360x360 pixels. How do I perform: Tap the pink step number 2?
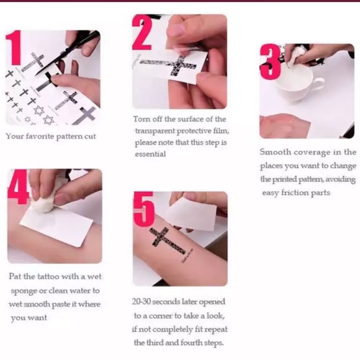pyautogui.click(x=142, y=32)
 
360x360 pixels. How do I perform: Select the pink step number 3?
pyautogui.click(x=271, y=62)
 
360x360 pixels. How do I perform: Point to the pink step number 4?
pyautogui.click(x=18, y=186)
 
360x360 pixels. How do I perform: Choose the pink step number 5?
pyautogui.click(x=144, y=209)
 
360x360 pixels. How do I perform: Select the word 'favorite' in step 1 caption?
pyautogui.click(x=40, y=136)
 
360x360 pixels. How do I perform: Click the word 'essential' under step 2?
pyautogui.click(x=150, y=154)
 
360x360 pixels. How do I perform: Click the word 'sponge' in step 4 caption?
pyautogui.click(x=24, y=291)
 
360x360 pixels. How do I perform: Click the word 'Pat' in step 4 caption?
pyautogui.click(x=15, y=276)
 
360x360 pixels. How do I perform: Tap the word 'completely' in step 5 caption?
pyautogui.click(x=173, y=330)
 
